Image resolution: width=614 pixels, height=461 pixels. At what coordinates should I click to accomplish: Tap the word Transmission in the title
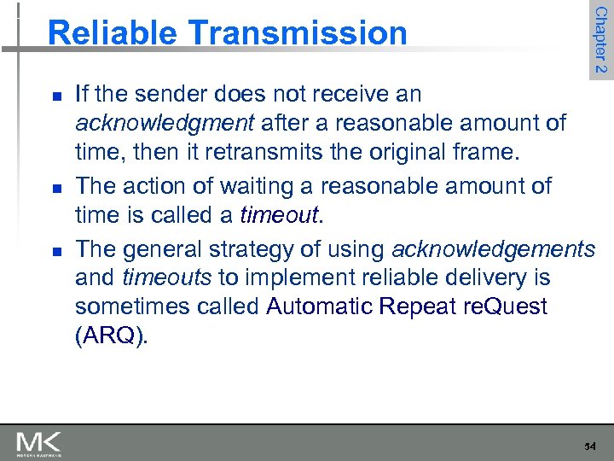pos(297,33)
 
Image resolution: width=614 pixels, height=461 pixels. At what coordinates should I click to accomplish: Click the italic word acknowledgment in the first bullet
pos(165,123)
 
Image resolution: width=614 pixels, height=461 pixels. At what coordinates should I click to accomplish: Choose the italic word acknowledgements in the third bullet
pos(493,248)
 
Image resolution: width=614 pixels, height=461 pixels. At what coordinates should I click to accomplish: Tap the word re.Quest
pos(506,306)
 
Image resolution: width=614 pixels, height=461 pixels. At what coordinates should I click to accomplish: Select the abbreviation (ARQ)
pos(111,336)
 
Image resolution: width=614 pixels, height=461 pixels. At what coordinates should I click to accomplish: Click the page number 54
pos(591,446)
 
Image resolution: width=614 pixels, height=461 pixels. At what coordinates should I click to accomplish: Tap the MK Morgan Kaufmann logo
pos(38,443)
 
